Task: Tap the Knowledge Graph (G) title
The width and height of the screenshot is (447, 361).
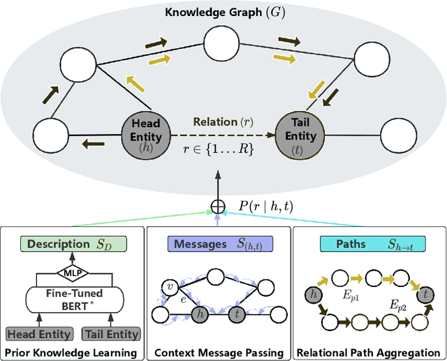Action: [224, 12]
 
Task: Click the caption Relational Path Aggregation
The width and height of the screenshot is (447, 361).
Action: [369, 352]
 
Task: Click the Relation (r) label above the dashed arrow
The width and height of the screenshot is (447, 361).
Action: [222, 121]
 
